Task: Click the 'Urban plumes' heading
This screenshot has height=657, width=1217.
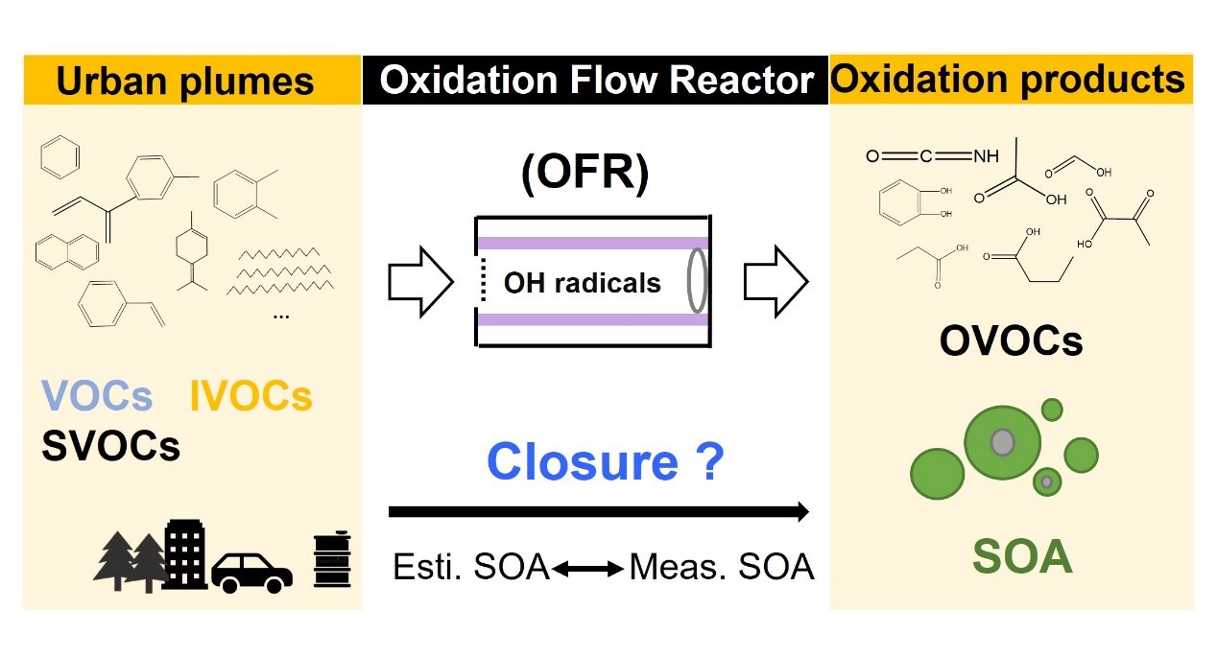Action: (185, 81)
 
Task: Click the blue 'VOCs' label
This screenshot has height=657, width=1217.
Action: (96, 396)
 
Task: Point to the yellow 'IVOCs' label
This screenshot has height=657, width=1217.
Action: (251, 396)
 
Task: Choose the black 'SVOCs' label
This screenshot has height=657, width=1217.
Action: (110, 445)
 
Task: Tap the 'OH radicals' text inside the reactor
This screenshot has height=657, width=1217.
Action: (583, 283)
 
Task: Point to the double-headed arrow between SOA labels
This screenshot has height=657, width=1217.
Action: (587, 569)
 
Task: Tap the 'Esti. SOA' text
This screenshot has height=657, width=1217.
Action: (471, 568)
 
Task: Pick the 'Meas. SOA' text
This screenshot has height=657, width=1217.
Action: (722, 568)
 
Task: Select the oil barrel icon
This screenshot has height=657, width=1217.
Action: (330, 561)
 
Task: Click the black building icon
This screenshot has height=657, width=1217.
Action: (185, 554)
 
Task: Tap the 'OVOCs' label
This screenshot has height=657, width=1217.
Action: (1011, 340)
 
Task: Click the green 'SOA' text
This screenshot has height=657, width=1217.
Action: (1021, 557)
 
